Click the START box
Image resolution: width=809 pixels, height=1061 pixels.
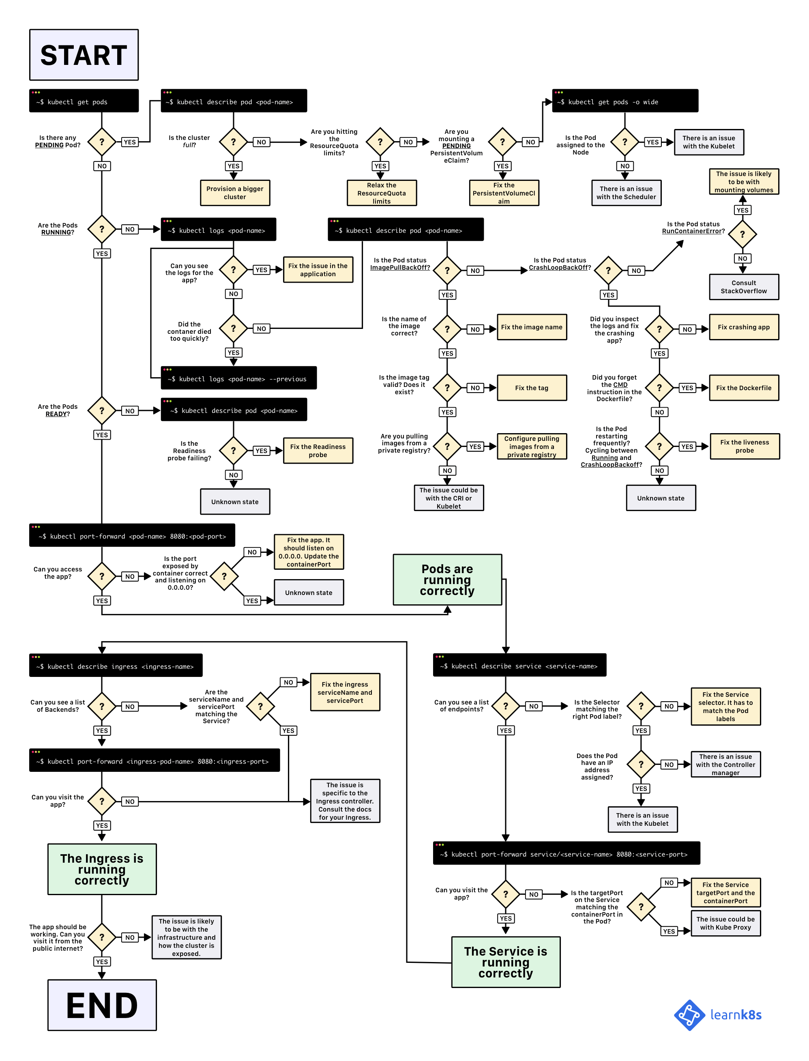(x=84, y=55)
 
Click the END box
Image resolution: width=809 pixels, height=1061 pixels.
(x=102, y=1005)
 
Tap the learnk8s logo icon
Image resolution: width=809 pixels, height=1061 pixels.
(x=689, y=1015)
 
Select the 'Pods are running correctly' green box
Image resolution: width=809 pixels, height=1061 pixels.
(x=447, y=580)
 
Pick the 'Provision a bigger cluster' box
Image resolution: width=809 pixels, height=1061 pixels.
(x=235, y=193)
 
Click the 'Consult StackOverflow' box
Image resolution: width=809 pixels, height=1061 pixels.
(x=744, y=287)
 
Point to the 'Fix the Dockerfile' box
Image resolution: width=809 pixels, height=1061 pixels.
(x=744, y=388)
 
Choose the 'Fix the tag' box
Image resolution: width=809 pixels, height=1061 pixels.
(x=532, y=388)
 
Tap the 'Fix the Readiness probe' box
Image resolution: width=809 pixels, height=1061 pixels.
(x=318, y=450)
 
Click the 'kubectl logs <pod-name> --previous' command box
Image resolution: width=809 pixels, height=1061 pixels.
(x=238, y=378)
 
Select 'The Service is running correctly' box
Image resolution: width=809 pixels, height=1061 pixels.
(x=506, y=962)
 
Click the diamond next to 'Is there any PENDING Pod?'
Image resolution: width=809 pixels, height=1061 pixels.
(x=102, y=142)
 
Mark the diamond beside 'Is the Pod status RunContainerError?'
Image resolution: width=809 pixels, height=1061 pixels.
(x=742, y=234)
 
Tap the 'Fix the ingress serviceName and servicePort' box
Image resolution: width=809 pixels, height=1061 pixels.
(x=345, y=692)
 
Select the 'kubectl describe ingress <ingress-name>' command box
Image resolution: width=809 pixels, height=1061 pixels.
(x=116, y=666)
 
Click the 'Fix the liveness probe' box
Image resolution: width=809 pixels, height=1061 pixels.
(x=745, y=446)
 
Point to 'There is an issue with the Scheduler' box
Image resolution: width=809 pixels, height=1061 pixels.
(x=626, y=193)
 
